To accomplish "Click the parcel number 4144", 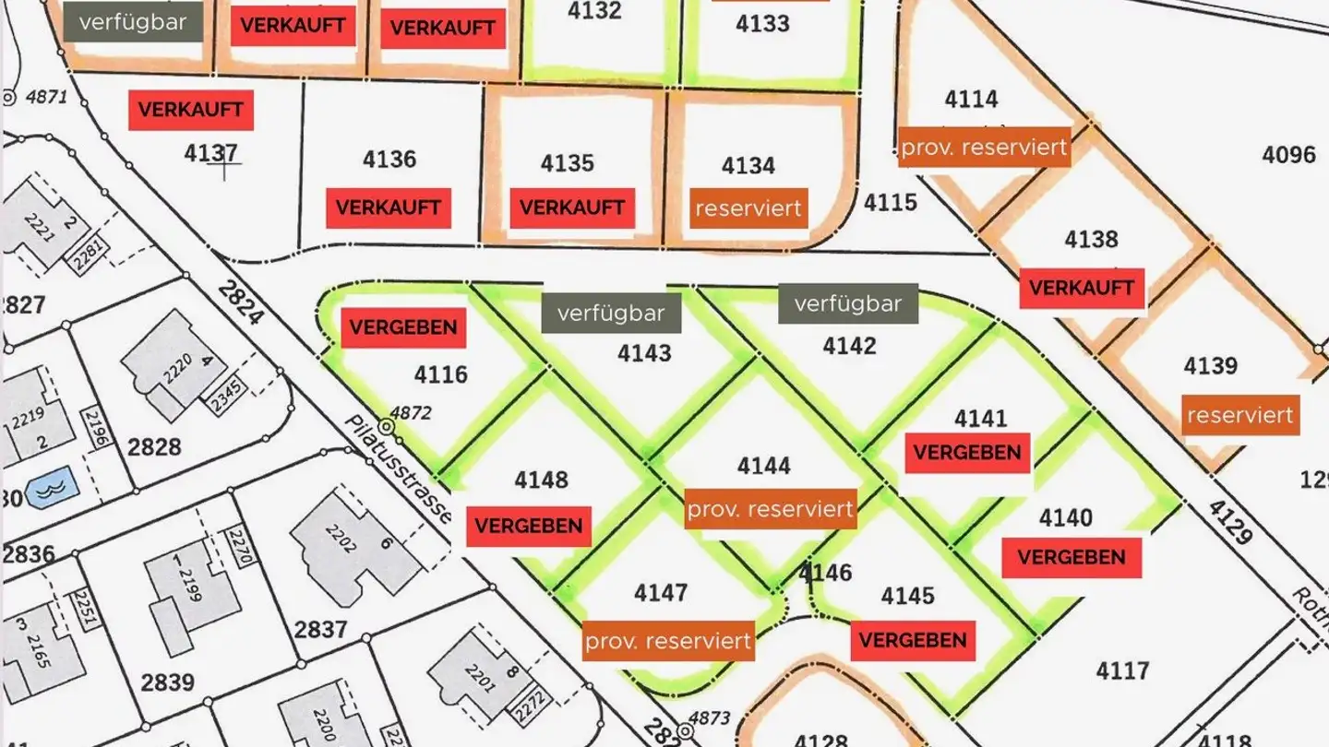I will point(763,466).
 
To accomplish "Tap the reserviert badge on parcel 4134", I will point(748,208).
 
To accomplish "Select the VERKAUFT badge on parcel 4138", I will point(1082,289).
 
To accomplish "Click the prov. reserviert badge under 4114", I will point(984,148).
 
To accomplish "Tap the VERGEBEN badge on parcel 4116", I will point(403,327).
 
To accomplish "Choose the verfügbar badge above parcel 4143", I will point(611,314).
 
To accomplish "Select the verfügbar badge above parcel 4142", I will point(847,303).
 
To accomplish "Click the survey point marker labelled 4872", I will point(387,428).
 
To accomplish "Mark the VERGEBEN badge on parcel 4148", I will point(529,526).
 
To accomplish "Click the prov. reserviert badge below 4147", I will point(668,641).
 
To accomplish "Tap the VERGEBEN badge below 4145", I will point(913,640).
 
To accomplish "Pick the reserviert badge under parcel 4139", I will point(1240,415).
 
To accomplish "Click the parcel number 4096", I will point(1288,154).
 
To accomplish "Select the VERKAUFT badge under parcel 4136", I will point(388,207).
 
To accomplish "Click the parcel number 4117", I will point(1122,670).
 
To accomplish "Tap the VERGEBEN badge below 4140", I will point(1072,557).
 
